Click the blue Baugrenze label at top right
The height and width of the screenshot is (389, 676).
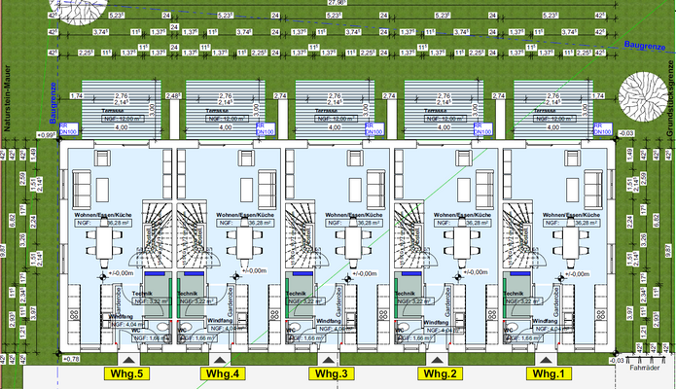point(644,45)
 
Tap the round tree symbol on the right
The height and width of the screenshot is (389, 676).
point(636,103)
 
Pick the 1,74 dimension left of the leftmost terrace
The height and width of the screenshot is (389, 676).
point(75,96)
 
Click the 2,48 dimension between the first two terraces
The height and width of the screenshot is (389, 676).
point(174,96)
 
